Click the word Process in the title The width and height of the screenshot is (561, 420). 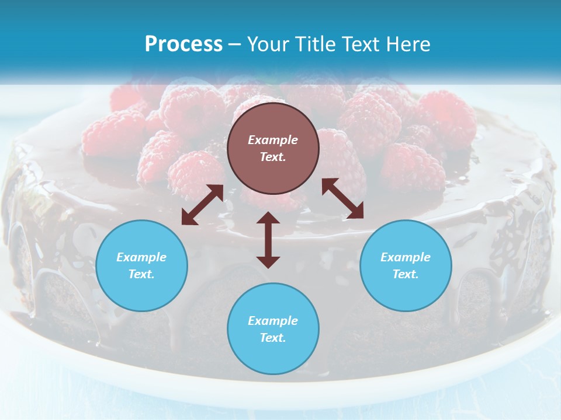click(x=183, y=44)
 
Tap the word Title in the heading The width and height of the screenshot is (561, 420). click(x=313, y=44)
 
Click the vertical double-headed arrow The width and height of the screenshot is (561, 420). click(x=268, y=240)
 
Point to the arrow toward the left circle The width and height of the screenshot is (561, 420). click(x=202, y=205)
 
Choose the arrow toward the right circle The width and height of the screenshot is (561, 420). click(x=342, y=199)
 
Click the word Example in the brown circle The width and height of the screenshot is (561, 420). click(x=273, y=140)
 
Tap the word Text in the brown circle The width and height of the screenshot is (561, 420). click(x=273, y=157)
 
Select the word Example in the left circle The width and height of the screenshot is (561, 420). click(x=141, y=257)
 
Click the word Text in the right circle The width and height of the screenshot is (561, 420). click(x=406, y=274)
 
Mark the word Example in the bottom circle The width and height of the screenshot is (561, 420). click(x=273, y=321)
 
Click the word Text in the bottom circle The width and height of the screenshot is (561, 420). click(x=273, y=338)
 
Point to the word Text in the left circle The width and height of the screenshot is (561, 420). click(x=141, y=274)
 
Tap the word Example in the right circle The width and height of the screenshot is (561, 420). click(x=406, y=257)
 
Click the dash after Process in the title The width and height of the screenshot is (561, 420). click(x=234, y=45)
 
